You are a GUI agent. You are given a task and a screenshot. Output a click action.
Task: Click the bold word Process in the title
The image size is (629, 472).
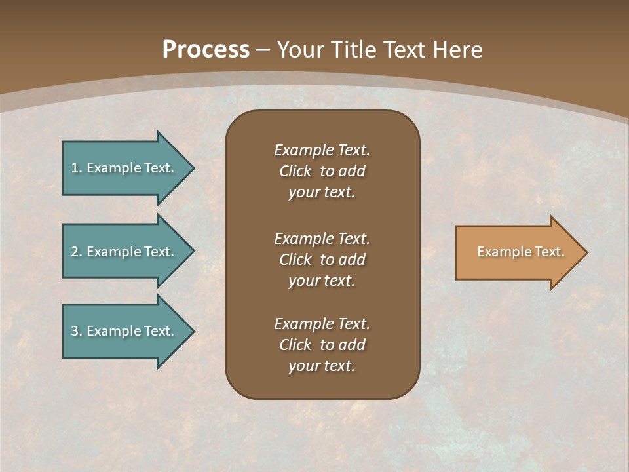(x=206, y=49)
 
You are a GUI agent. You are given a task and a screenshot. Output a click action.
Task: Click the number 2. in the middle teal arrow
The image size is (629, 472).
(x=77, y=252)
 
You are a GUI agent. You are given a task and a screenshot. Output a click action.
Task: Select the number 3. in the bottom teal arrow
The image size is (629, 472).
(x=77, y=331)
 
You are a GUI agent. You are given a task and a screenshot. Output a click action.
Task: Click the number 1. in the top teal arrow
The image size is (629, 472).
(x=77, y=168)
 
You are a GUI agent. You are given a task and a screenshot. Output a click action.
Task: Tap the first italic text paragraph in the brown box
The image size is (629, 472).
(x=322, y=171)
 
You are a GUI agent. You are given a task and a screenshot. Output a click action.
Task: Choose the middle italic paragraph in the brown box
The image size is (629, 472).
(x=322, y=260)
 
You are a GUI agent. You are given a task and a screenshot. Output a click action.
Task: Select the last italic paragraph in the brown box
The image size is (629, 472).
(x=322, y=345)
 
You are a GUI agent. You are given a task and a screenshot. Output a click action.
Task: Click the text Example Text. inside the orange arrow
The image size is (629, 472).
(x=521, y=252)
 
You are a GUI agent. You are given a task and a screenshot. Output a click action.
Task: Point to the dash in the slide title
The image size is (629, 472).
(x=263, y=50)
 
